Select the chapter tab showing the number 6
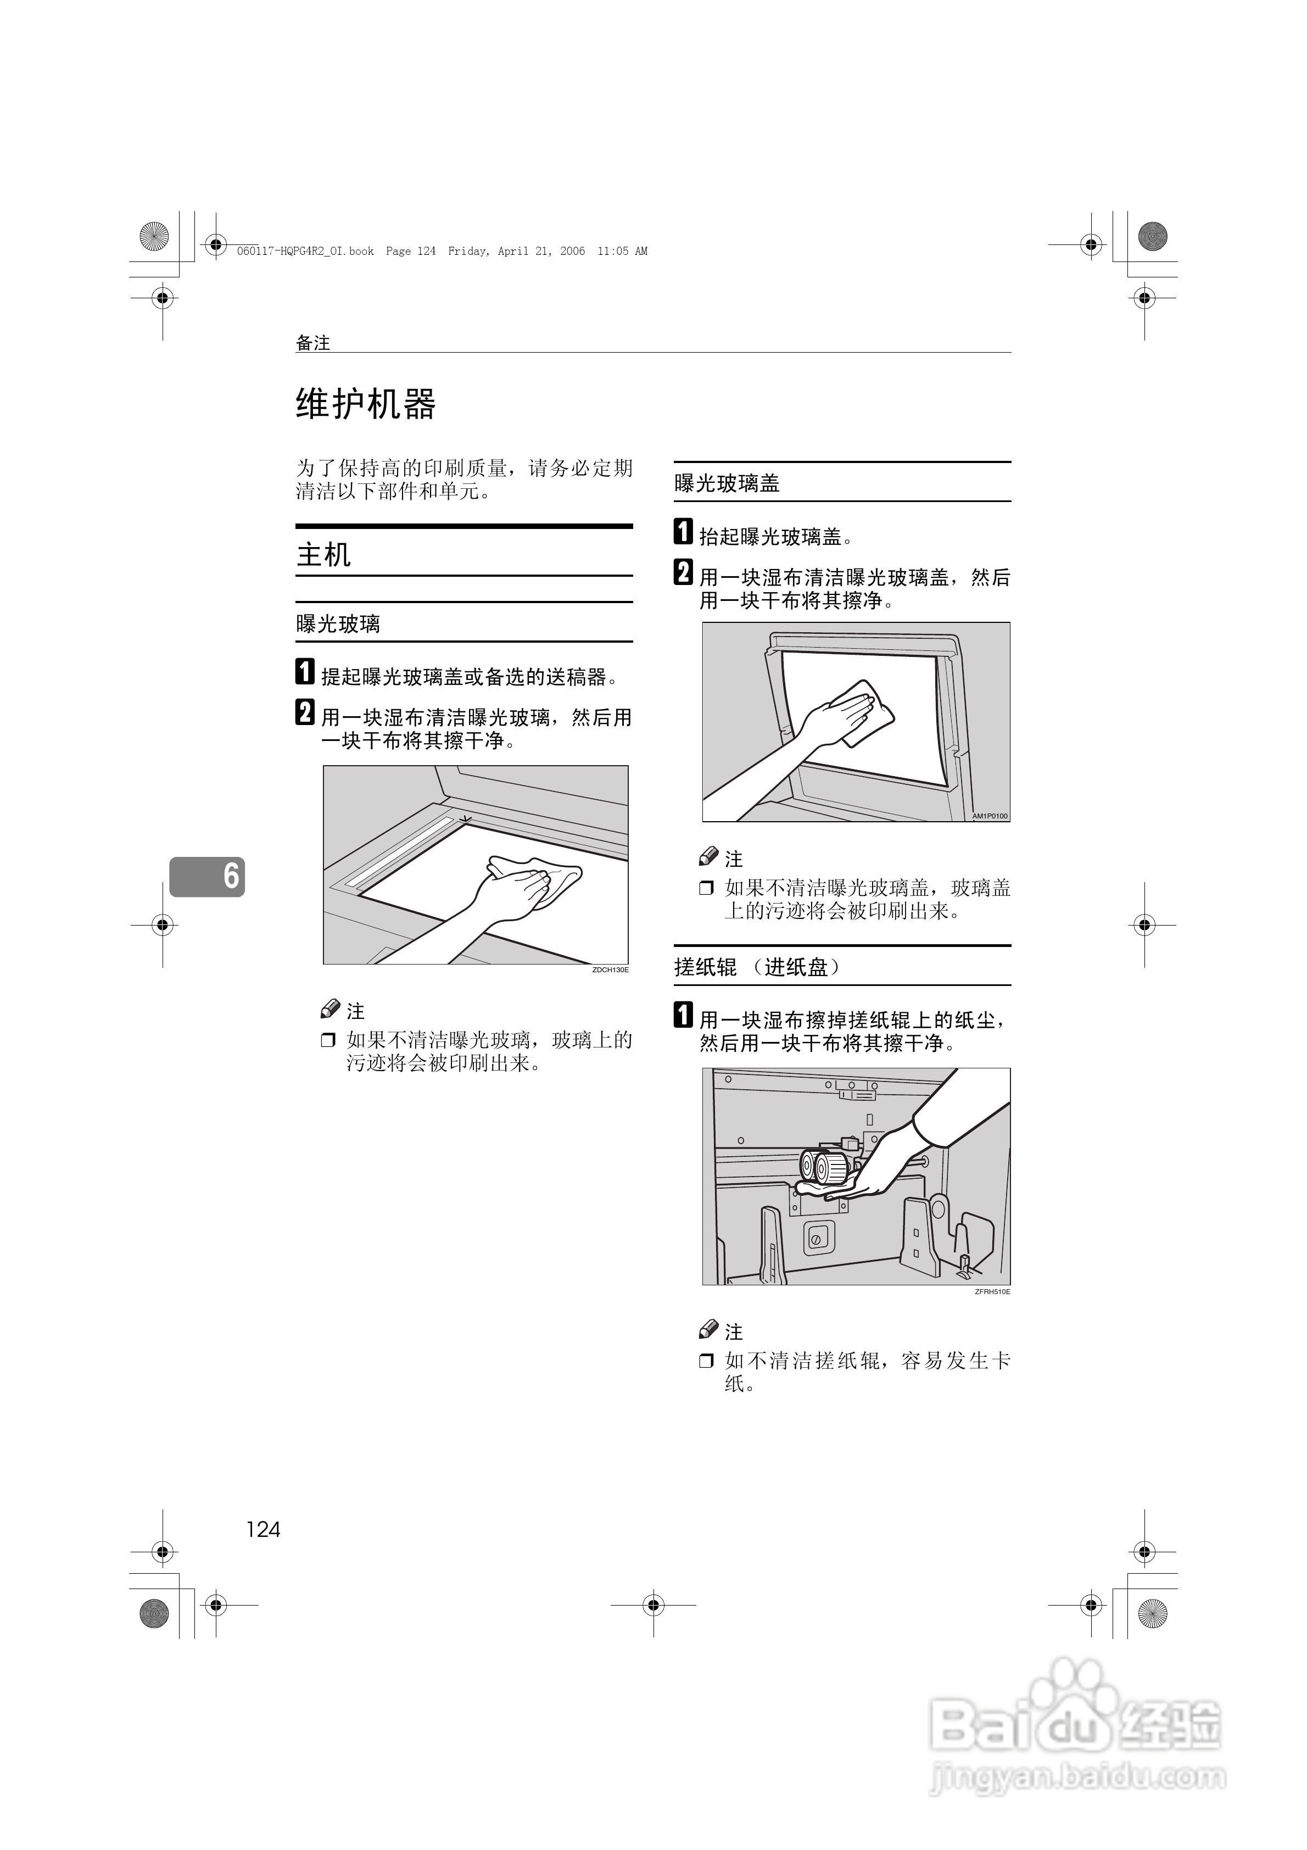point(207,876)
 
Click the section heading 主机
point(323,554)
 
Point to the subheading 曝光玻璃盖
point(727,483)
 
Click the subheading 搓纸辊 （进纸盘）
point(757,967)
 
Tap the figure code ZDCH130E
point(610,970)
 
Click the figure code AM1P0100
point(990,816)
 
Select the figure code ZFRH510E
point(992,1291)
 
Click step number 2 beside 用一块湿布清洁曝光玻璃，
point(305,712)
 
